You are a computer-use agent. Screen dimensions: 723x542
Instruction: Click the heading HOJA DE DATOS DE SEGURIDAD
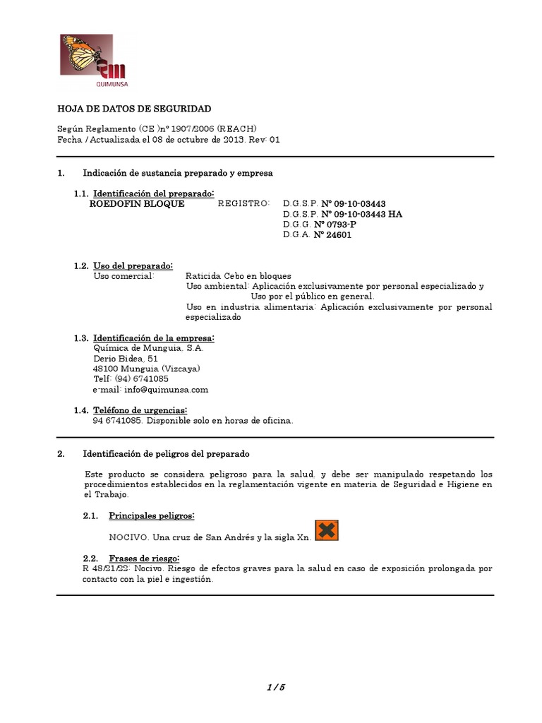[133, 109]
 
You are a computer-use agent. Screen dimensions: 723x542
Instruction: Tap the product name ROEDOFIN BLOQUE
[138, 204]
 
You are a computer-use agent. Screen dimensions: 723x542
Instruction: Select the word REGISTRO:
[243, 204]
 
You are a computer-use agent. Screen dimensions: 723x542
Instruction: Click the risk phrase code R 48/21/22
[103, 568]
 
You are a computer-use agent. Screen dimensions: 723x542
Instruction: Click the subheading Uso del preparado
[133, 265]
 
